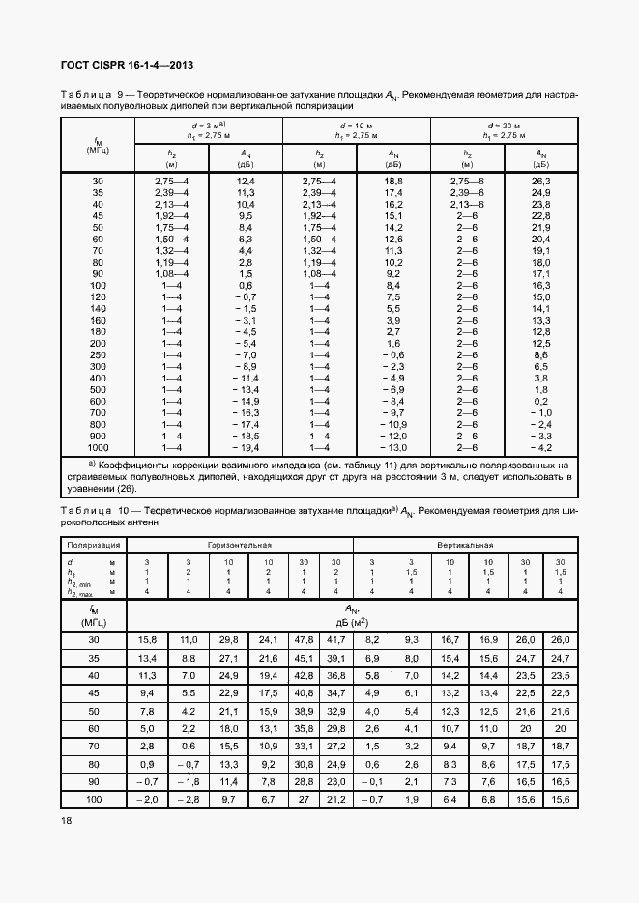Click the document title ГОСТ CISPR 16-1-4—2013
click(x=128, y=65)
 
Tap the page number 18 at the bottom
click(x=67, y=821)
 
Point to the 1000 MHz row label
click(x=98, y=447)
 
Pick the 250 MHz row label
click(x=98, y=355)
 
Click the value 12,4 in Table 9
click(x=246, y=182)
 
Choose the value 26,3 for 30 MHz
click(x=541, y=182)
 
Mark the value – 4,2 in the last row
click(x=540, y=447)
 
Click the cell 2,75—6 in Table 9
click(x=468, y=182)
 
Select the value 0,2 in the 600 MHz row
click(x=541, y=401)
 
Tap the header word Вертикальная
click(x=466, y=545)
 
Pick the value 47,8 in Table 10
click(x=304, y=640)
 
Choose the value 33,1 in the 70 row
click(x=304, y=747)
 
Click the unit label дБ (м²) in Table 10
click(x=352, y=623)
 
